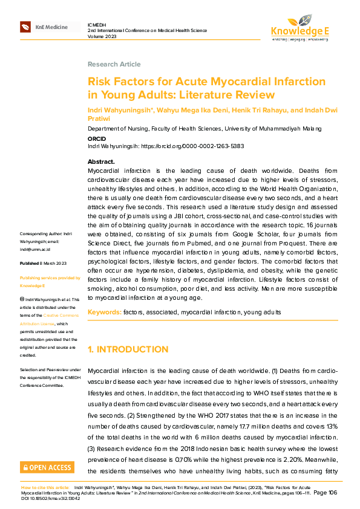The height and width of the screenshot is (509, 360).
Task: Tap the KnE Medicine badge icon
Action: [x=25, y=27]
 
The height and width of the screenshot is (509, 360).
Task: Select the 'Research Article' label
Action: [x=114, y=64]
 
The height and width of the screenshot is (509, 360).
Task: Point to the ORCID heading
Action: [x=97, y=138]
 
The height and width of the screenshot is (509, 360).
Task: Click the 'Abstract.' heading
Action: [x=101, y=162]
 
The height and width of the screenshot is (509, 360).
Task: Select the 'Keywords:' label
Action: [x=104, y=312]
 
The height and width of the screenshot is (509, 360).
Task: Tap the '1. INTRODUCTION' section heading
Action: [x=128, y=349]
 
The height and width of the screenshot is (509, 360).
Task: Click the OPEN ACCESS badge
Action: [x=47, y=467]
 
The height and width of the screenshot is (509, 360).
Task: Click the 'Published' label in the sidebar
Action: [x=29, y=264]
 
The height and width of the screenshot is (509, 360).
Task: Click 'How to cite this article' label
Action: [x=45, y=487]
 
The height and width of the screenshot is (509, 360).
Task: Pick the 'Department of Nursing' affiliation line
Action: [x=205, y=129]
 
